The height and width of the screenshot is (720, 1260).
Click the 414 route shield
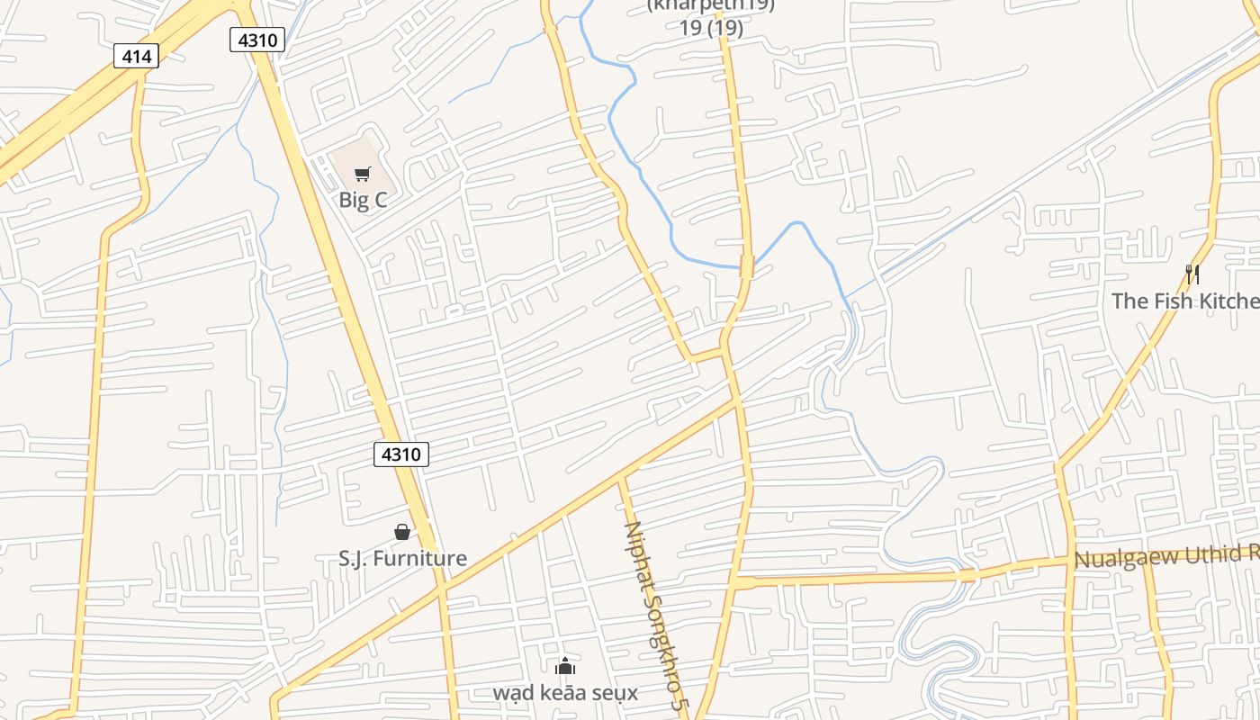137,57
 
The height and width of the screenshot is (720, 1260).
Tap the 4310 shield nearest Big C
257,40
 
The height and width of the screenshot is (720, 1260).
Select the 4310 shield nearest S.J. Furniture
400,454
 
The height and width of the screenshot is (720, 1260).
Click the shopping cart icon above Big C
362,174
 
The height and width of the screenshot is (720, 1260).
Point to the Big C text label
363,200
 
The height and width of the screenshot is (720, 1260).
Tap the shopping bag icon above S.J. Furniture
402,532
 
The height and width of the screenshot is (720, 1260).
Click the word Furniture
419,559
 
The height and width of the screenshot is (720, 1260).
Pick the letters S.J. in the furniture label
353,559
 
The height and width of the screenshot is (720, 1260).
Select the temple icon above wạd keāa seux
565,666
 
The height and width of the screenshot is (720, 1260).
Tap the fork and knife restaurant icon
1192,274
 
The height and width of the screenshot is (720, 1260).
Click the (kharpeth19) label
711,5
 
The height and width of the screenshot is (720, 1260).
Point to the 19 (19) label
711,28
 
